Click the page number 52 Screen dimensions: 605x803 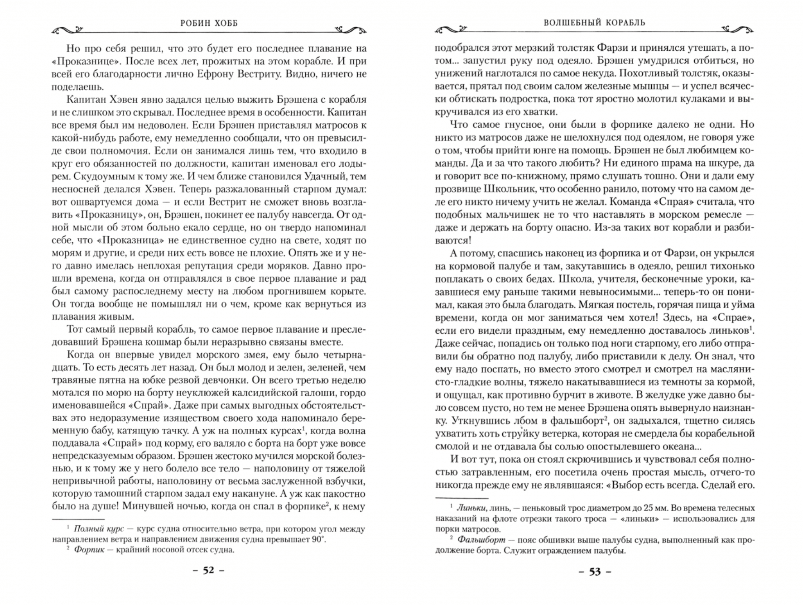[208, 570]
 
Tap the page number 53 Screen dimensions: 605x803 [595, 572]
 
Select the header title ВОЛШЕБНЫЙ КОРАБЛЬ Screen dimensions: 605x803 [595, 23]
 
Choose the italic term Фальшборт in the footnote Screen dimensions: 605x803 [480, 540]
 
